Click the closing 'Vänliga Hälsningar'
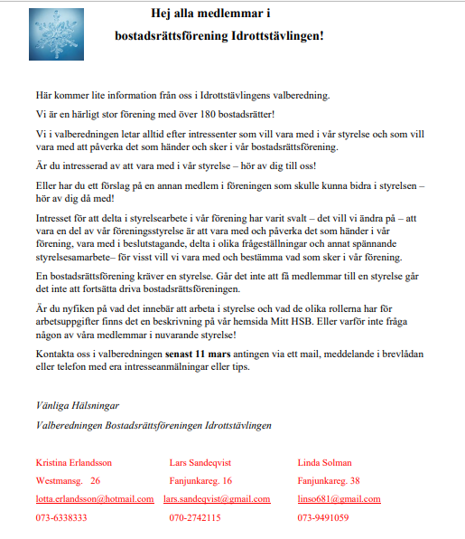tap(77, 405)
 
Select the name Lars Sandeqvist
tap(204, 462)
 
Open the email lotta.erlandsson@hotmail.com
tap(95, 498)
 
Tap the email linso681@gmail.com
tap(339, 498)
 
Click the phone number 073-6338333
tap(61, 517)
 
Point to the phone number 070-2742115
tap(195, 517)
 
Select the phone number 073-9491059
tap(322, 517)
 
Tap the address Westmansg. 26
tap(68, 480)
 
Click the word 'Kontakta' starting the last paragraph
tap(55, 352)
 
